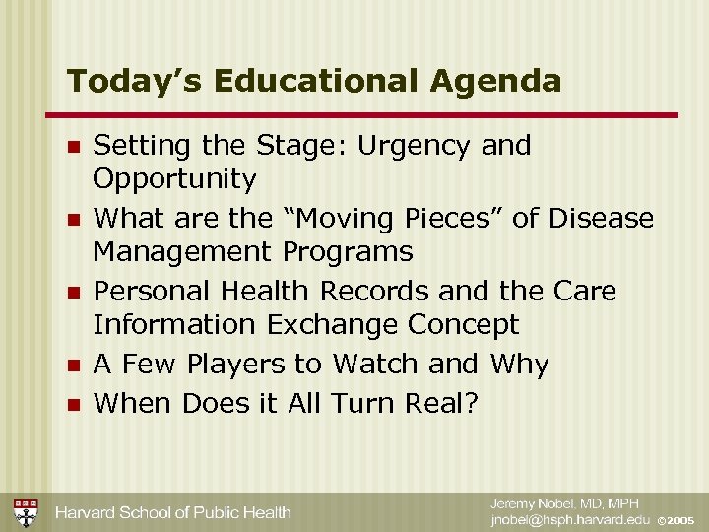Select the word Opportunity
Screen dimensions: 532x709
(174, 180)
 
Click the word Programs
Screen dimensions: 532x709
(348, 252)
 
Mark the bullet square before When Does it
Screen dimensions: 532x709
(71, 405)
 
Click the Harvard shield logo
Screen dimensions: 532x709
(26, 512)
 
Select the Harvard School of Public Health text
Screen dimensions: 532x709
(172, 512)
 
